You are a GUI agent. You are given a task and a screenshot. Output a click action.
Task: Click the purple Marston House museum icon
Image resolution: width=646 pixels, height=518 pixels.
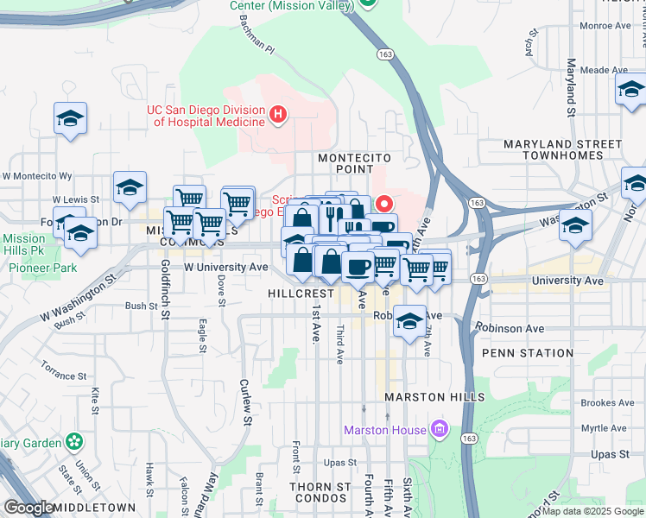pyautogui.click(x=440, y=429)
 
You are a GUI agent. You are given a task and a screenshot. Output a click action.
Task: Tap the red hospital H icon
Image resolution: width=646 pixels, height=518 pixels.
pyautogui.click(x=277, y=113)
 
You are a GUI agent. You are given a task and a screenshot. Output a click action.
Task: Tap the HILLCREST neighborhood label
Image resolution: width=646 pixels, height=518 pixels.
pyautogui.click(x=301, y=294)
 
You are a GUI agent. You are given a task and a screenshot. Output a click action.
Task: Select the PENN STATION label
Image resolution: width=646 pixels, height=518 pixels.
pyautogui.click(x=527, y=353)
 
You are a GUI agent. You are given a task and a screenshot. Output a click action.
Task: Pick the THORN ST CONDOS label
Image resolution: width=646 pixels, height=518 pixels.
pyautogui.click(x=320, y=493)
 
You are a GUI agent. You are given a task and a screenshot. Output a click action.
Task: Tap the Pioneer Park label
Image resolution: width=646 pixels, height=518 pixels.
pyautogui.click(x=43, y=268)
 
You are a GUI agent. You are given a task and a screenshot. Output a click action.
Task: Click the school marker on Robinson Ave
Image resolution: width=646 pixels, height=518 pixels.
pyautogui.click(x=410, y=322)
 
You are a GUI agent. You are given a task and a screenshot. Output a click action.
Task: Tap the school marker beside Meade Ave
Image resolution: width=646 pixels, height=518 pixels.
pyautogui.click(x=631, y=89)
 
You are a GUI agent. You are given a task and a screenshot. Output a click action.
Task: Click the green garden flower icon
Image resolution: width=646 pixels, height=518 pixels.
pyautogui.click(x=75, y=442)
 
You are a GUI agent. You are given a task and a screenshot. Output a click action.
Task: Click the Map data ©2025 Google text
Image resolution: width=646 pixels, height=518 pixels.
pyautogui.click(x=592, y=511)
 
